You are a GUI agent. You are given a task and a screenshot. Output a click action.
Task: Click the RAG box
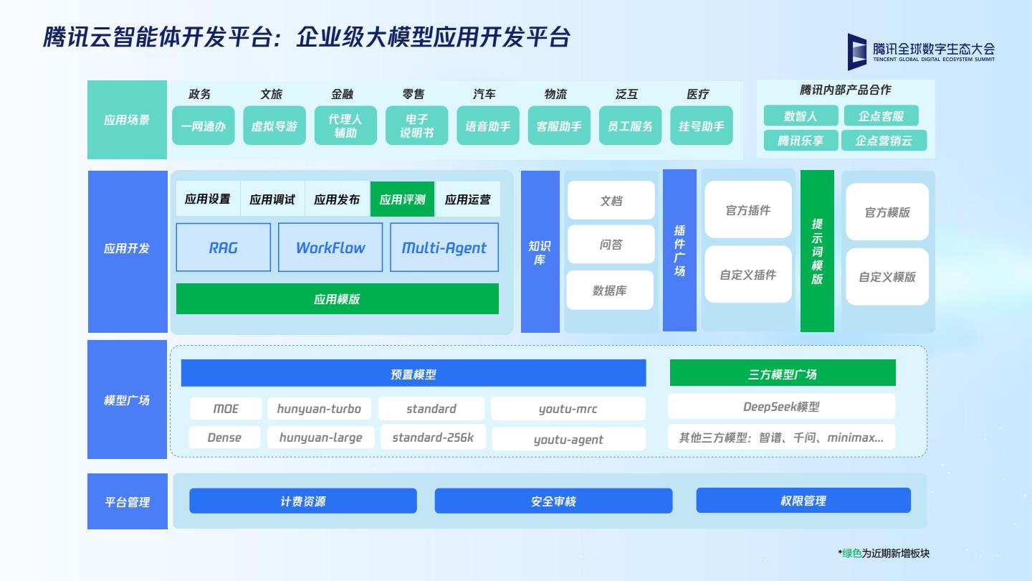coord(224,247)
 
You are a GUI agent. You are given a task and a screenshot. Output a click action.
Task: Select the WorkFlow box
coord(330,247)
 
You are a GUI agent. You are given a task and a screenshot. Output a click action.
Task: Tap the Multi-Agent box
coord(444,247)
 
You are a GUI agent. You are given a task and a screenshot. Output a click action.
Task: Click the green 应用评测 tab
coord(402,199)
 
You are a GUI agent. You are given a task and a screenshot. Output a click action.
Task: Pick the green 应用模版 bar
coord(338,298)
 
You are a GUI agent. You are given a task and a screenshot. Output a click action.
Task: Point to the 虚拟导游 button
coord(274,126)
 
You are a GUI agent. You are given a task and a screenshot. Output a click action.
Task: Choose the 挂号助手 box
coord(701,126)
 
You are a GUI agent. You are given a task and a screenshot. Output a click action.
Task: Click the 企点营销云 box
coord(884,141)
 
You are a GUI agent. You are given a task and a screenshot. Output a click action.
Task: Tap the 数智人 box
coord(801,116)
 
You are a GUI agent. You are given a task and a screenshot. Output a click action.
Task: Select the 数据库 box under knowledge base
coord(610,290)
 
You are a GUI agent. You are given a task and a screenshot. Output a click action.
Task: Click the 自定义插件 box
coord(748,275)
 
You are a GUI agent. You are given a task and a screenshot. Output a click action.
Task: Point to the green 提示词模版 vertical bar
coord(817,251)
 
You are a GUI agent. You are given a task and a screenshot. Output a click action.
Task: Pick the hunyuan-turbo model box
coord(319,409)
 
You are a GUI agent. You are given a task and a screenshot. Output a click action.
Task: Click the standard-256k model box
coord(432,438)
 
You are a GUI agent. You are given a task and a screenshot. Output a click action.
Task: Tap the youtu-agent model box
coord(568,439)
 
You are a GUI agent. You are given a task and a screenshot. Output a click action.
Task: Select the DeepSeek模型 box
coord(781,407)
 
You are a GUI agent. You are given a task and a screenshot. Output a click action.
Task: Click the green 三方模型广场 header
coord(783,374)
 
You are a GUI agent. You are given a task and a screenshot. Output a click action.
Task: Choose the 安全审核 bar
coord(553,501)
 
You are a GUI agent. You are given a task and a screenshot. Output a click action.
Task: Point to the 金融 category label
coord(342,94)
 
